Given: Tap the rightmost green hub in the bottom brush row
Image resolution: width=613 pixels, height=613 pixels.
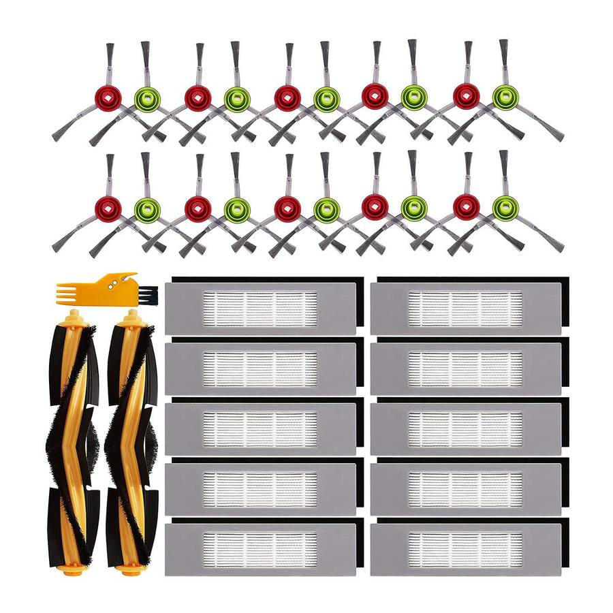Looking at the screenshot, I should pos(505,208).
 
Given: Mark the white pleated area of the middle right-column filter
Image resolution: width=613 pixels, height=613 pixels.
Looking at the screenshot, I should pos(465,428).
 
